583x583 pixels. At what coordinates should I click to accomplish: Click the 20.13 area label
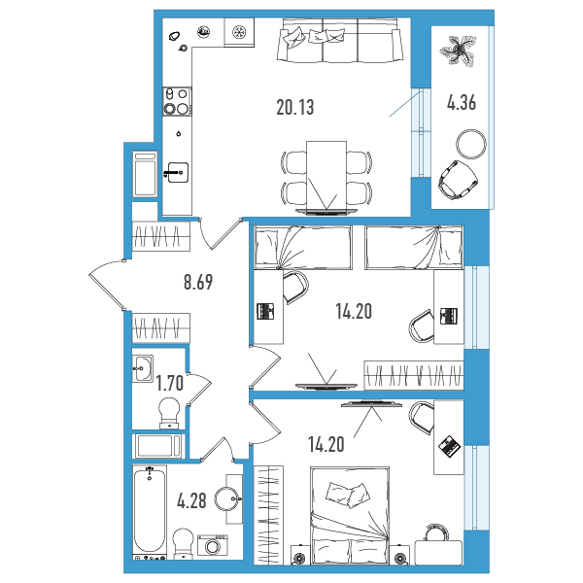[x=295, y=107]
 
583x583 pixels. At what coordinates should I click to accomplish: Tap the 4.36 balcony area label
[x=462, y=102]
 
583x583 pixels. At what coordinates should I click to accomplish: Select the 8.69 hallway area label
[x=198, y=282]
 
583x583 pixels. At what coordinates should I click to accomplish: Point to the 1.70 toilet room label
[x=169, y=383]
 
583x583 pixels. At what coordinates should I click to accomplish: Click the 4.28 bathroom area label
[x=191, y=500]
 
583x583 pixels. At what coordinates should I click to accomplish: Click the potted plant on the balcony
[x=458, y=51]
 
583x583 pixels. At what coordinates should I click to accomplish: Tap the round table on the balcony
[x=471, y=145]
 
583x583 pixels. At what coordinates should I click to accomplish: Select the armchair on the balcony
[x=457, y=179]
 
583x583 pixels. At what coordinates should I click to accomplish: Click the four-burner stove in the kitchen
[x=178, y=101]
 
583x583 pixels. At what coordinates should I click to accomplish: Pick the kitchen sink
[x=178, y=173]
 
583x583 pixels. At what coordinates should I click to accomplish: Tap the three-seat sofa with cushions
[x=340, y=40]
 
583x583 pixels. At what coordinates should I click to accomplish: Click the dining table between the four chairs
[x=326, y=178]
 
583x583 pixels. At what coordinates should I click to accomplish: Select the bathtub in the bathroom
[x=150, y=512]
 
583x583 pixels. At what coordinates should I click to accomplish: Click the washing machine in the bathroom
[x=213, y=546]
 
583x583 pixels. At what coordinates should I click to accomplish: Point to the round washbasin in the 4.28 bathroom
[x=228, y=499]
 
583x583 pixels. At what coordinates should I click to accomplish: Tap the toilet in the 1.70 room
[x=169, y=413]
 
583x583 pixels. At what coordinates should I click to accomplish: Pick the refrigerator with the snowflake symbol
[x=239, y=32]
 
